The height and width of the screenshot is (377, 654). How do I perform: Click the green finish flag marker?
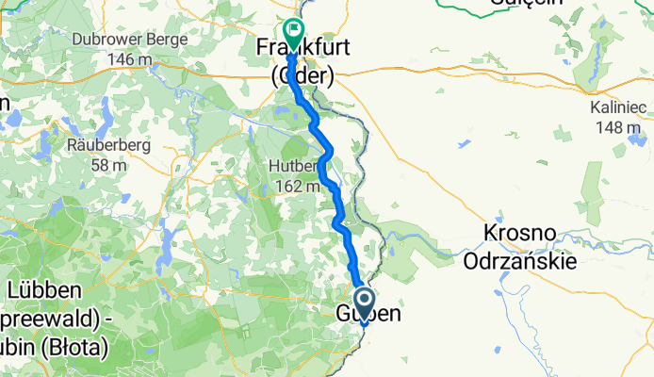tap(293, 34)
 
